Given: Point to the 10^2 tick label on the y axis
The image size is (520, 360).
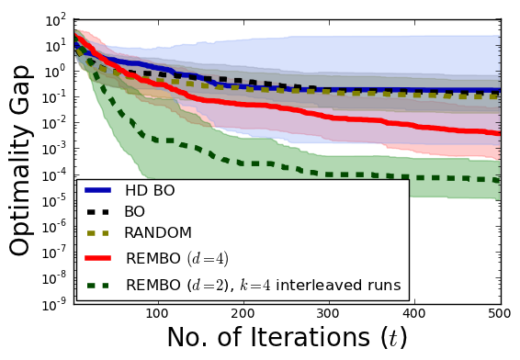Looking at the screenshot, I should (55, 19).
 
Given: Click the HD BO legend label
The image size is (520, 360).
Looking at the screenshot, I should (151, 190).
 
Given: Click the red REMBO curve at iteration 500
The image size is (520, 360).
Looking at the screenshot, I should (499, 134).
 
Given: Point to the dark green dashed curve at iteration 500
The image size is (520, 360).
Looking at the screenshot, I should (499, 181).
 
